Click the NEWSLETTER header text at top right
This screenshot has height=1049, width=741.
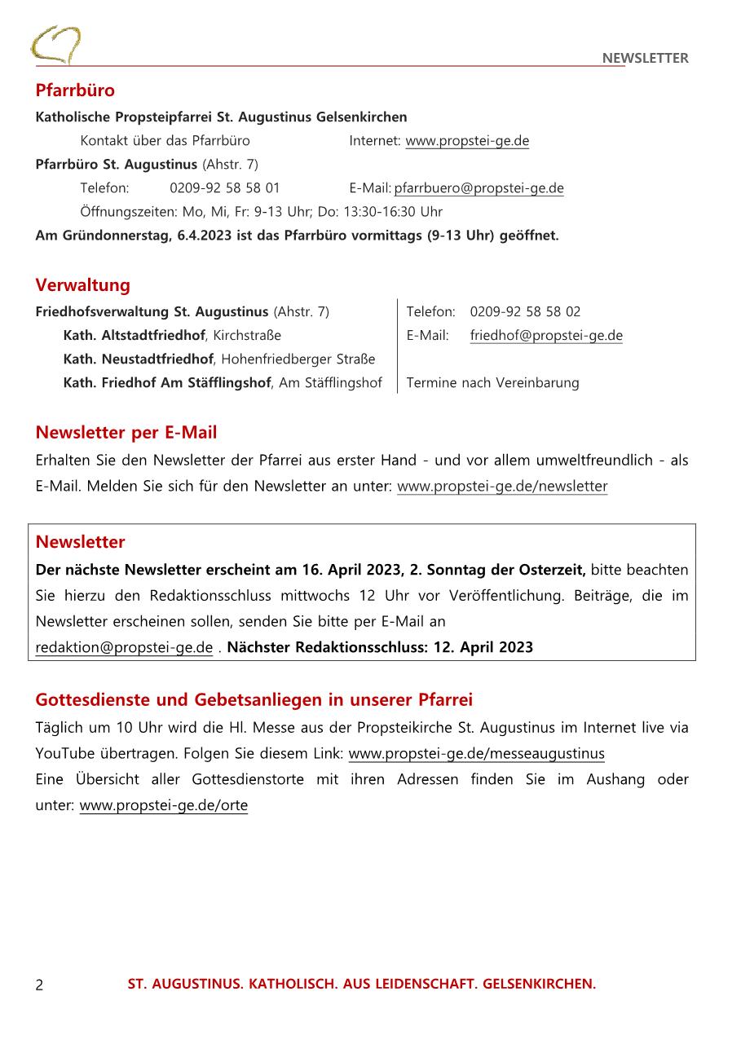pyautogui.click(x=645, y=58)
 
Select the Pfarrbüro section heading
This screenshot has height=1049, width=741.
pyautogui.click(x=75, y=90)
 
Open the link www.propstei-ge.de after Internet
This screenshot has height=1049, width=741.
pyautogui.click(x=467, y=141)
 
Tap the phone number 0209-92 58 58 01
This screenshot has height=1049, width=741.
pyautogui.click(x=225, y=188)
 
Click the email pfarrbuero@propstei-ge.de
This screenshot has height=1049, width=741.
pyautogui.click(x=479, y=188)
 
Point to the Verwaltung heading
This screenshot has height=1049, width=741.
pyautogui.click(x=82, y=285)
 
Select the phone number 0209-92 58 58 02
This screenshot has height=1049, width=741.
pyautogui.click(x=525, y=311)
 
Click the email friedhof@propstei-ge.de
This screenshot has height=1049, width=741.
pyautogui.click(x=546, y=335)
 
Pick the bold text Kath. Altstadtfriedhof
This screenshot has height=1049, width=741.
pyautogui.click(x=135, y=335)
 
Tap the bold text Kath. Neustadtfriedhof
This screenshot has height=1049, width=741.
pyautogui.click(x=138, y=359)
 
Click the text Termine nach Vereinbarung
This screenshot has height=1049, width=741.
pyautogui.click(x=492, y=382)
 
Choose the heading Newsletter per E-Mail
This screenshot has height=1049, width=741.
pyautogui.click(x=126, y=432)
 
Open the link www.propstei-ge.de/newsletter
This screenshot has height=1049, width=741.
pyautogui.click(x=502, y=487)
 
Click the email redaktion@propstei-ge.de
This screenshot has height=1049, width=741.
pyautogui.click(x=124, y=647)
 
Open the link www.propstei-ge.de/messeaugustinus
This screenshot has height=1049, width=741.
pyautogui.click(x=476, y=753)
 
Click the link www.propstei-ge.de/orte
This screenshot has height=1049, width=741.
pyautogui.click(x=163, y=805)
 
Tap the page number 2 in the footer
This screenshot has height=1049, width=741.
pyautogui.click(x=39, y=985)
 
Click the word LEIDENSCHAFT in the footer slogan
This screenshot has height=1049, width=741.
pyautogui.click(x=424, y=984)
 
